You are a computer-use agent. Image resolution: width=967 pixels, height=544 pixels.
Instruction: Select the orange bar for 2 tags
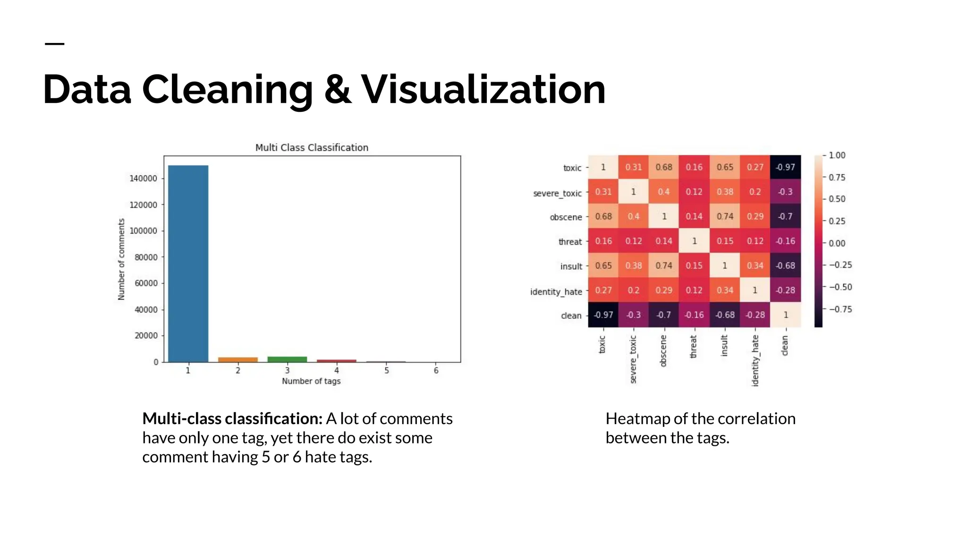[x=238, y=360]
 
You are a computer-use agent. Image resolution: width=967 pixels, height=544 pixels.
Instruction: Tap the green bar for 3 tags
[x=287, y=359]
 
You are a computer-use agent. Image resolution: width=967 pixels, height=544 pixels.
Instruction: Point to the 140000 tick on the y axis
[x=144, y=178]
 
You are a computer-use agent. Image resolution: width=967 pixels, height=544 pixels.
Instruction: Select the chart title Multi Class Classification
[x=312, y=147]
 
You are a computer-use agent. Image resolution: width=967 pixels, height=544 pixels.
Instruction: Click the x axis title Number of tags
[x=311, y=381]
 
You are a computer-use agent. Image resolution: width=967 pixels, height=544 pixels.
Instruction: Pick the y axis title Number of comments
[x=121, y=259]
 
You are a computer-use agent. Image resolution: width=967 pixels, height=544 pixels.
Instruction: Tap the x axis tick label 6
[x=436, y=371]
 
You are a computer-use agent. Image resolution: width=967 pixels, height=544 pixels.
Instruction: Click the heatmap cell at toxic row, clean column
[x=785, y=167]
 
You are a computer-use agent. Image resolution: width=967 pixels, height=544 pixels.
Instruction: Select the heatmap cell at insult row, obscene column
[x=663, y=265]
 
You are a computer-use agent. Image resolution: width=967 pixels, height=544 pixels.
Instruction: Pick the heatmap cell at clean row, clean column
[x=785, y=314]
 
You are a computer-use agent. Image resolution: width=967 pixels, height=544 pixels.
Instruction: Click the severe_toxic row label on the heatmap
[x=557, y=193]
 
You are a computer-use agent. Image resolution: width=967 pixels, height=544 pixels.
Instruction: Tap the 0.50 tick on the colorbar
[x=837, y=199]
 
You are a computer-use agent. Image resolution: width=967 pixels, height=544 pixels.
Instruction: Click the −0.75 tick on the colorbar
[x=840, y=309]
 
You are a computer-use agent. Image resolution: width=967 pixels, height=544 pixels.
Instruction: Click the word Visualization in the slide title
[x=483, y=89]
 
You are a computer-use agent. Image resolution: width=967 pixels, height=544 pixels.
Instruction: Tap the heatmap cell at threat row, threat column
[x=694, y=241]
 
